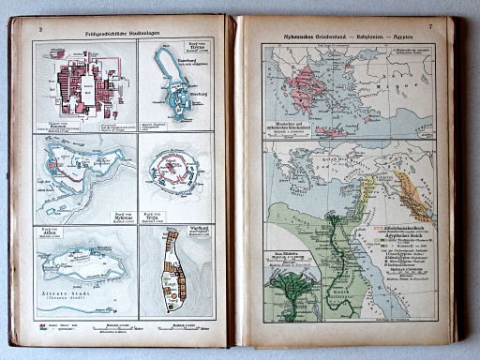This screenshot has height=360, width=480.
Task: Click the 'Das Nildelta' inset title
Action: coord(287,254)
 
